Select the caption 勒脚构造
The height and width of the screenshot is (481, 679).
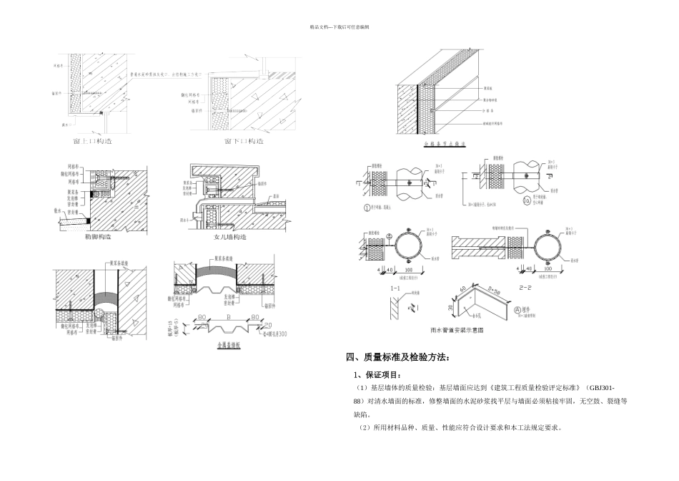(x=100, y=237)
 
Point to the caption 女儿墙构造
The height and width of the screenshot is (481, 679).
(x=229, y=237)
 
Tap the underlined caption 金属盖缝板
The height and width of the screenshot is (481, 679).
(x=227, y=345)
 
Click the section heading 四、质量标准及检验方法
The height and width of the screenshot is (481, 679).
(x=399, y=357)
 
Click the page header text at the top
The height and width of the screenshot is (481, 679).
(x=339, y=26)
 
